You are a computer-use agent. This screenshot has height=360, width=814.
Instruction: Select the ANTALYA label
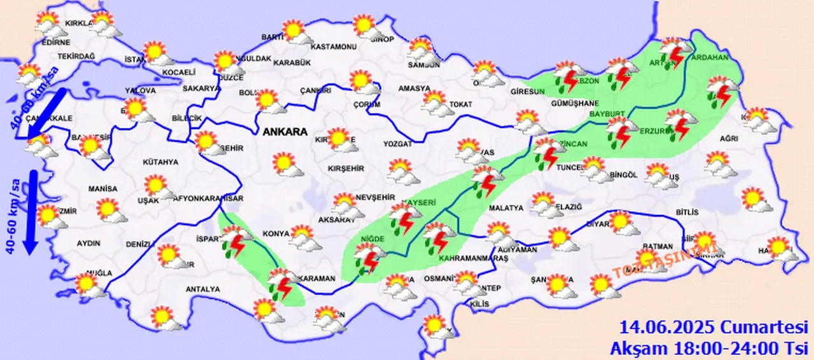[202, 289]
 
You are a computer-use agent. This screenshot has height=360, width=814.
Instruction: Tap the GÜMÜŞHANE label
[558, 104]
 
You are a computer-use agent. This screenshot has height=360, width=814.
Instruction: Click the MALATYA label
[506, 208]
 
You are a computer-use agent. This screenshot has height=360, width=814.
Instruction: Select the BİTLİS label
[687, 212]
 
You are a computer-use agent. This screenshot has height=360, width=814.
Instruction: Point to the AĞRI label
[728, 138]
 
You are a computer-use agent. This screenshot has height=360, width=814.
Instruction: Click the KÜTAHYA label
[160, 162]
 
